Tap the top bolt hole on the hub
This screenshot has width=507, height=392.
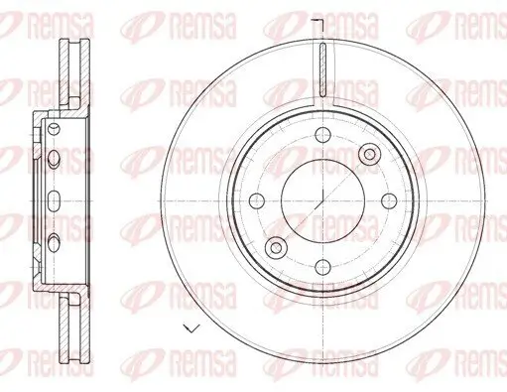tap(322, 139)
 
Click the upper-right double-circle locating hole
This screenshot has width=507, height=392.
tap(369, 153)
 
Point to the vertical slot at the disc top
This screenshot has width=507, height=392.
tap(322, 66)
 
